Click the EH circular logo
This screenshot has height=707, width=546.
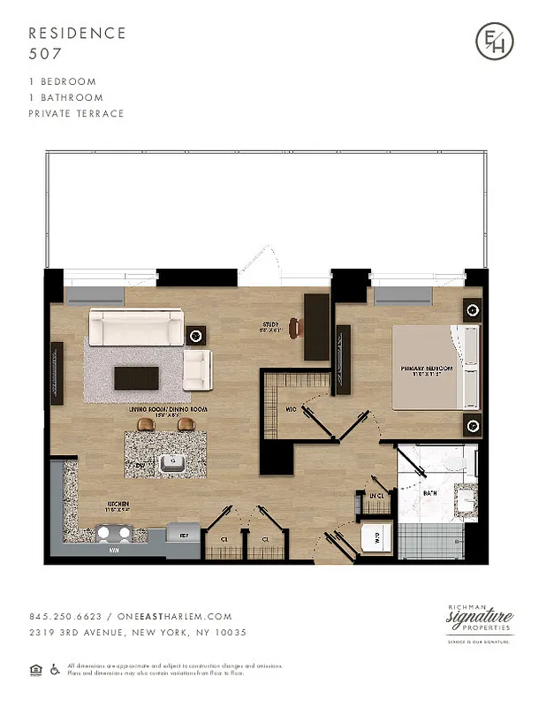[494, 42]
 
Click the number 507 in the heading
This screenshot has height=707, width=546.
[44, 52]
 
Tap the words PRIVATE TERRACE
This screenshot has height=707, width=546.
[76, 113]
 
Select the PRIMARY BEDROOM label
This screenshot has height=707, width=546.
[427, 369]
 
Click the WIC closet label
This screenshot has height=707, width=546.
[291, 409]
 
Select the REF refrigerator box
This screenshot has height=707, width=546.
[184, 536]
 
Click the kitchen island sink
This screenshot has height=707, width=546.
[173, 460]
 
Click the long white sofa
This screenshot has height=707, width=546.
[136, 328]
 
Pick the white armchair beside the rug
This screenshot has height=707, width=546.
[197, 366]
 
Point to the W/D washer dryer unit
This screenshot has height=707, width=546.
[375, 536]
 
